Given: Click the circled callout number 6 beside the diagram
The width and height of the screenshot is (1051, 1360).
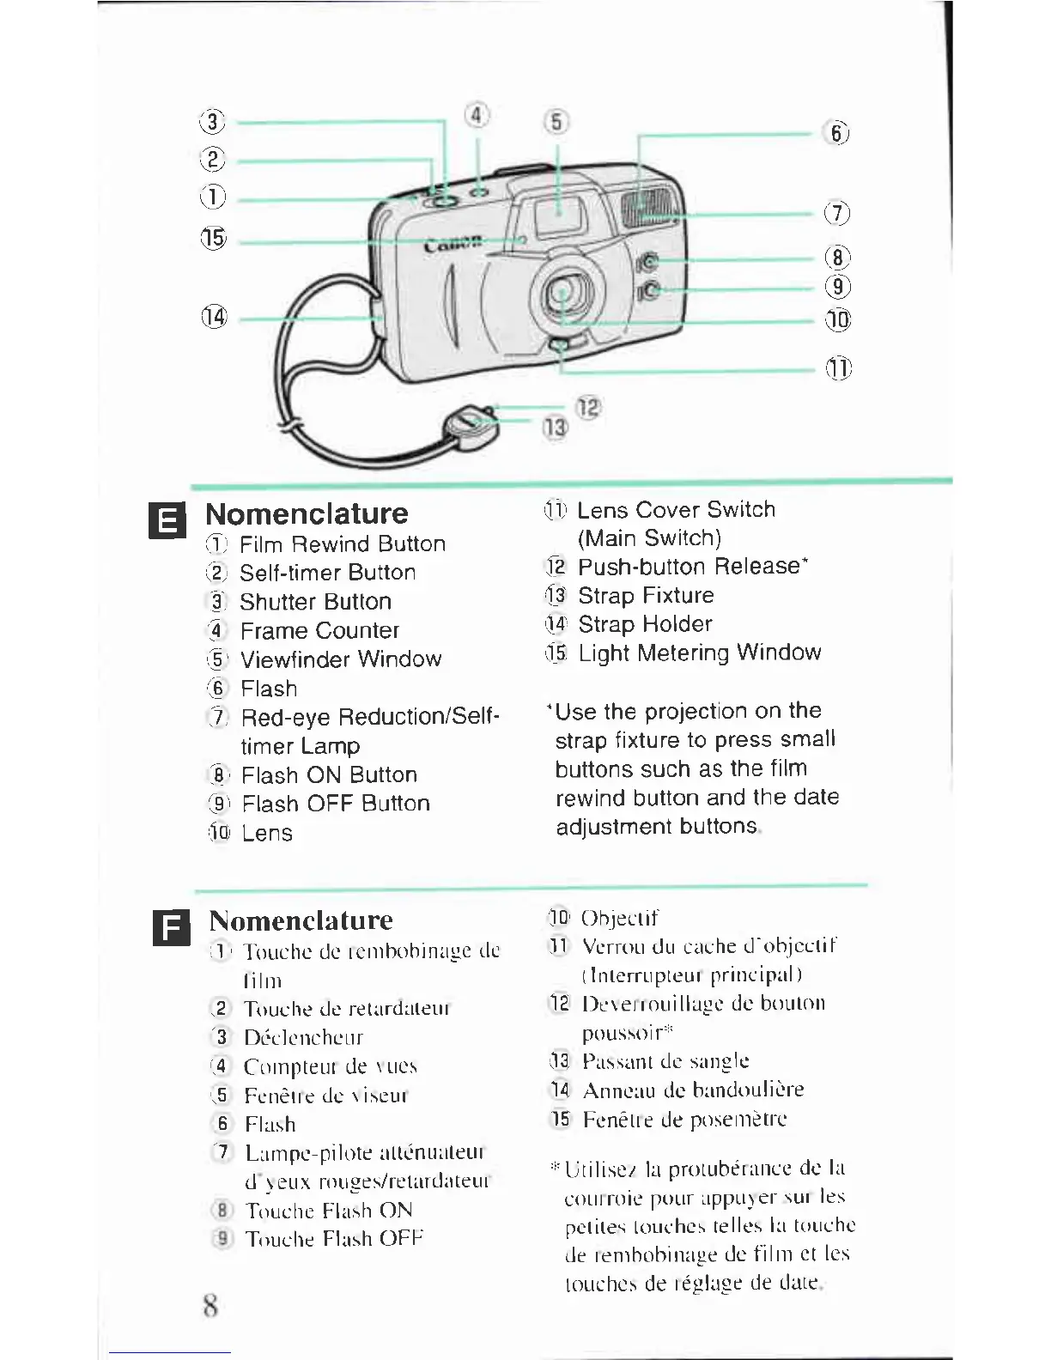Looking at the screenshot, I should point(836,133).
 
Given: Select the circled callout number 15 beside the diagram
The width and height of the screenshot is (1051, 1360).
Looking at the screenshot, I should point(213,238).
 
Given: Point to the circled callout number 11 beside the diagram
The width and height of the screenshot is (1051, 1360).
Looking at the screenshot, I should point(838,368).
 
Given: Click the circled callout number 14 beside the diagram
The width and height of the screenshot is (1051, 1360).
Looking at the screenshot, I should point(214,317).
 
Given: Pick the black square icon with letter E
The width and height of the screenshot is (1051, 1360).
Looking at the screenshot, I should point(167,520).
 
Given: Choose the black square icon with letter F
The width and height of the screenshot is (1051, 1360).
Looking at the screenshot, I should point(171,927).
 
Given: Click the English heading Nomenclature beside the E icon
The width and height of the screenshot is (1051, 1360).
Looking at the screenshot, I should point(307,513).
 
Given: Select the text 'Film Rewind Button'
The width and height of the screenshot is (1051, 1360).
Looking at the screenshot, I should point(342,544).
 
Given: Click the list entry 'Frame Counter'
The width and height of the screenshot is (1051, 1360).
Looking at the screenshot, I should point(319,631).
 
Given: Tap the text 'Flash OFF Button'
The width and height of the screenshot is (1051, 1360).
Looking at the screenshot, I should point(336,804).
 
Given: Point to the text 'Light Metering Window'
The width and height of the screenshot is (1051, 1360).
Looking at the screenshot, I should point(699,653).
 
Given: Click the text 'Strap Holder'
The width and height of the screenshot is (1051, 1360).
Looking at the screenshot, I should point(645,624).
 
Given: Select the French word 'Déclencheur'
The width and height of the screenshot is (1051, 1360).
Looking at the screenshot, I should point(303,1037).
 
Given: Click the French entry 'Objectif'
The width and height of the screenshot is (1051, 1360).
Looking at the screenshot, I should point(619,918).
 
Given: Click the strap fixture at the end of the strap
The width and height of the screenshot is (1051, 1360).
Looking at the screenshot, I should point(468,425).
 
